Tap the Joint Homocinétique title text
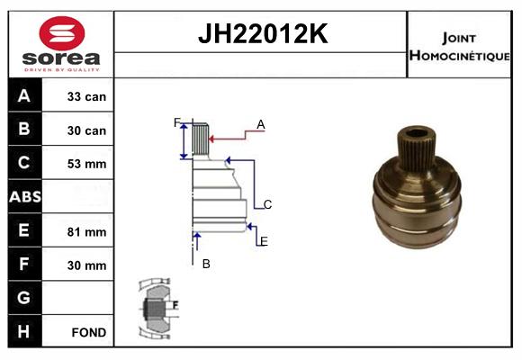(x=461, y=46)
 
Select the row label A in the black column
(x=24, y=96)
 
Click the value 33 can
(x=86, y=96)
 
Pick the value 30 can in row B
(x=86, y=130)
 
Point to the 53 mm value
(x=86, y=164)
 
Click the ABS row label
(x=24, y=197)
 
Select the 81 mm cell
(x=86, y=231)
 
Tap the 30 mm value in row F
(x=86, y=265)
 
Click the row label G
(x=24, y=298)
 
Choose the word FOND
(x=88, y=332)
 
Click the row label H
(x=24, y=331)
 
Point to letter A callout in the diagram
(x=260, y=124)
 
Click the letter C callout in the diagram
(x=267, y=204)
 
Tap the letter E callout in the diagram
(x=263, y=241)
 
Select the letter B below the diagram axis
(x=206, y=264)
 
